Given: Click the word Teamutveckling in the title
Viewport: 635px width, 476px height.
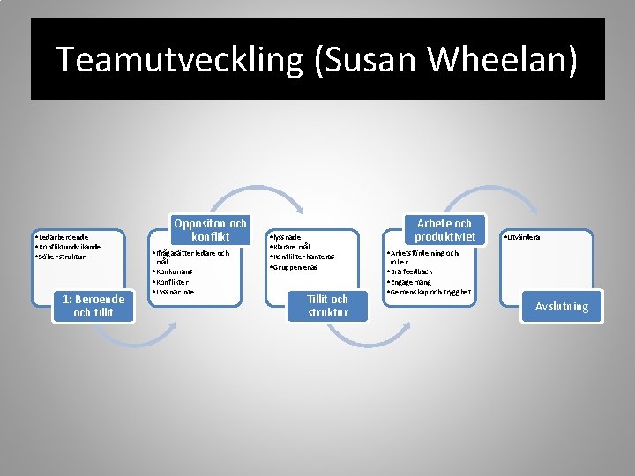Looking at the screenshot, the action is tap(176, 59).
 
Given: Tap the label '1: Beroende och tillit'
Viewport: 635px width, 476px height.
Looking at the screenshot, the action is tap(93, 306).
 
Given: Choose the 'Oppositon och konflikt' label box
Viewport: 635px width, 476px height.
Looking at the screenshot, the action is tap(209, 230).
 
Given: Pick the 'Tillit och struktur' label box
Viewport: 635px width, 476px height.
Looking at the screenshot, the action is tap(327, 306).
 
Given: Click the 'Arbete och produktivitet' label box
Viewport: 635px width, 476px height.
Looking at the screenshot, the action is tap(444, 230).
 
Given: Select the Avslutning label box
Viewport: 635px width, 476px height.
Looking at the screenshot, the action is tap(561, 306).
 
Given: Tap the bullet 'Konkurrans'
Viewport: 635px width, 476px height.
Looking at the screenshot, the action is tap(176, 272).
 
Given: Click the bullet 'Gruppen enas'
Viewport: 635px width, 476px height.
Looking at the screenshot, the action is tap(295, 266).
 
